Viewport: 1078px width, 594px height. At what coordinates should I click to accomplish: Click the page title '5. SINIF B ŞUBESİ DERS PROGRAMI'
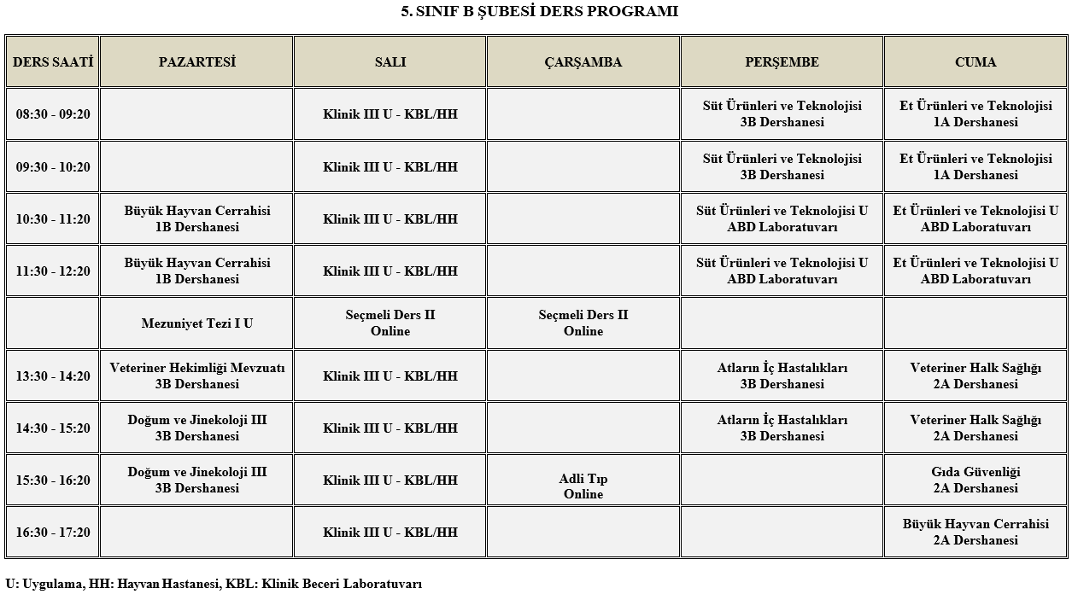[x=539, y=12]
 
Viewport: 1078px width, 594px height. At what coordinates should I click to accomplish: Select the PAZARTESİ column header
[x=196, y=62]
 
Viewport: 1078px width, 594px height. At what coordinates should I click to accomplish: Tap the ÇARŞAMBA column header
[x=583, y=62]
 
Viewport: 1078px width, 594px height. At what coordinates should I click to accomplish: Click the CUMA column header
[x=975, y=62]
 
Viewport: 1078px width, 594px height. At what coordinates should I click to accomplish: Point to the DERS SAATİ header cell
[x=53, y=62]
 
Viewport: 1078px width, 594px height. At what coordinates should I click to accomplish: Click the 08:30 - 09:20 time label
[x=53, y=114]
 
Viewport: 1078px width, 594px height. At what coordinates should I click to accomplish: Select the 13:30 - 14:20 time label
[x=53, y=376]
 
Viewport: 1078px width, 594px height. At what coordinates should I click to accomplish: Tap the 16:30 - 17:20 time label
[x=53, y=533]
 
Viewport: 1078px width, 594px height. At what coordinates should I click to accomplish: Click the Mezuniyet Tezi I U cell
[x=196, y=323]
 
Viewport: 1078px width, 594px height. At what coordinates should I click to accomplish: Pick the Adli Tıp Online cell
[x=583, y=486]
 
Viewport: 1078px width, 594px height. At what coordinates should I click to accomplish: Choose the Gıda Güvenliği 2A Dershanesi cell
[x=975, y=480]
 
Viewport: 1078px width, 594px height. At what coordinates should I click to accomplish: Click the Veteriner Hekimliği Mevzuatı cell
[x=196, y=376]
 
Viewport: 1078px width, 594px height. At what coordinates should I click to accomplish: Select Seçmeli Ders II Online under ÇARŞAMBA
[x=583, y=323]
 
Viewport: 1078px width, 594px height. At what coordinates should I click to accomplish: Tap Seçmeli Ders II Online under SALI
[x=390, y=323]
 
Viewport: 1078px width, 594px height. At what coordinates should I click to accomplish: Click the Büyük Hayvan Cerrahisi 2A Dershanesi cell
[x=975, y=533]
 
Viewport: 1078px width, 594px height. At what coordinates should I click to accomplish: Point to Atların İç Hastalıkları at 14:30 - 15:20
[x=782, y=428]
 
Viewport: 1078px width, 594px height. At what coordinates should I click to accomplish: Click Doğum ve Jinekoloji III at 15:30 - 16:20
[x=196, y=480]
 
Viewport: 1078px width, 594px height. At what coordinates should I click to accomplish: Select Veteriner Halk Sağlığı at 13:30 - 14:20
[x=975, y=376]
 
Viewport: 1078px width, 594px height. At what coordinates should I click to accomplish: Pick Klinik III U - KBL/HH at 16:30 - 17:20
[x=390, y=533]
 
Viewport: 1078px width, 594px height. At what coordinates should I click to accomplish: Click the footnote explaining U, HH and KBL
[x=214, y=585]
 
